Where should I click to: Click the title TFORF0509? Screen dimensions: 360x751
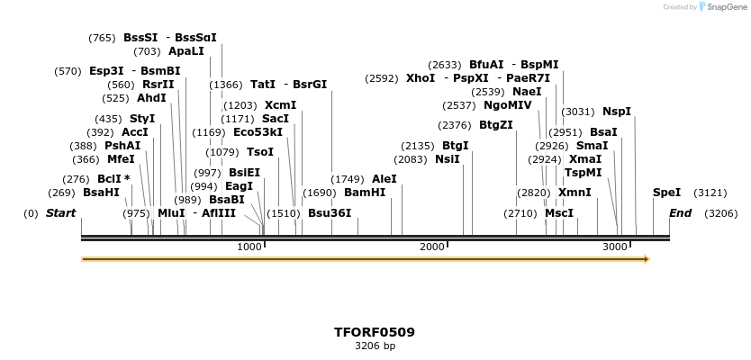pyautogui.click(x=375, y=332)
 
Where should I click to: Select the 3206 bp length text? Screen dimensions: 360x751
pyautogui.click(x=375, y=346)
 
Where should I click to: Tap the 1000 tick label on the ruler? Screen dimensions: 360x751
pyautogui.click(x=249, y=247)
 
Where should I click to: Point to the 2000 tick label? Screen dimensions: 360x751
pyautogui.click(x=432, y=247)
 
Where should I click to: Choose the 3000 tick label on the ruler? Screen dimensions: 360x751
pyautogui.click(x=615, y=247)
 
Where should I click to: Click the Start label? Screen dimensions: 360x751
pyautogui.click(x=60, y=213)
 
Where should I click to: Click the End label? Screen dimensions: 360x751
pyautogui.click(x=680, y=213)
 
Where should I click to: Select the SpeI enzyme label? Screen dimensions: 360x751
pyautogui.click(x=666, y=193)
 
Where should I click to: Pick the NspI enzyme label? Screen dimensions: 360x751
pyautogui.click(x=617, y=112)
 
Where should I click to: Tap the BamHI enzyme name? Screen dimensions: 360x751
pyautogui.click(x=365, y=193)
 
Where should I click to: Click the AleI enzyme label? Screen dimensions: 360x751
pyautogui.click(x=384, y=179)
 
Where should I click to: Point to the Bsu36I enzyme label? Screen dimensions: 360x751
pyautogui.click(x=330, y=213)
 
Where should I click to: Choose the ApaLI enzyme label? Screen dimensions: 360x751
pyautogui.click(x=186, y=51)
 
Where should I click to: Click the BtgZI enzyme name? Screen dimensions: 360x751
pyautogui.click(x=496, y=125)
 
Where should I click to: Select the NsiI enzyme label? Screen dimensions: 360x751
pyautogui.click(x=448, y=159)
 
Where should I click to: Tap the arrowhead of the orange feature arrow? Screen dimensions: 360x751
pyautogui.click(x=645, y=259)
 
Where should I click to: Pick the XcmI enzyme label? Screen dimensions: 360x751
pyautogui.click(x=280, y=105)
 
